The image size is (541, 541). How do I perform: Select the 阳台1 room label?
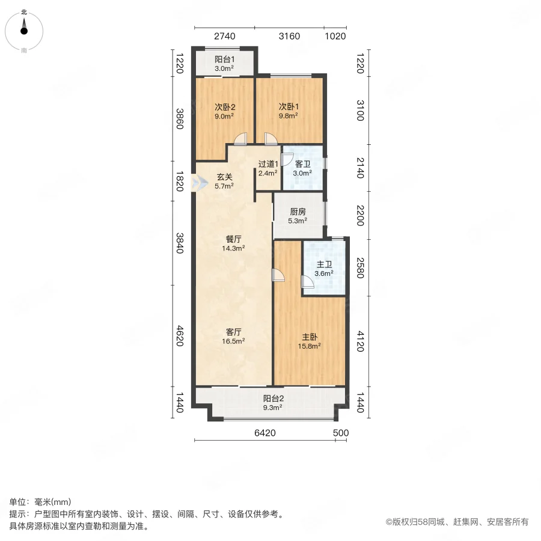(225, 60)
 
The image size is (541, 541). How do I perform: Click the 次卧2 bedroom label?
(225, 108)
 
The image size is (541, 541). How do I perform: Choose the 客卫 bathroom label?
(302, 164)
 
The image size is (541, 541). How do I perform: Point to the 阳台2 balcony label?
(273, 398)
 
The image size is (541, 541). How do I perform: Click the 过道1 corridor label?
(267, 164)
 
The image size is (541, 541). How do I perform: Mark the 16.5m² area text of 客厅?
(234, 341)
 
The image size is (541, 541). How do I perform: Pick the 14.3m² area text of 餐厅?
(234, 248)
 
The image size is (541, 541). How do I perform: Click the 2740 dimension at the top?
(224, 36)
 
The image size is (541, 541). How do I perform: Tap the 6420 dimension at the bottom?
(264, 433)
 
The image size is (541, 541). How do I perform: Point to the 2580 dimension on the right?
(360, 267)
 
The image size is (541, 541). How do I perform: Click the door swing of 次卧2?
(240, 139)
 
